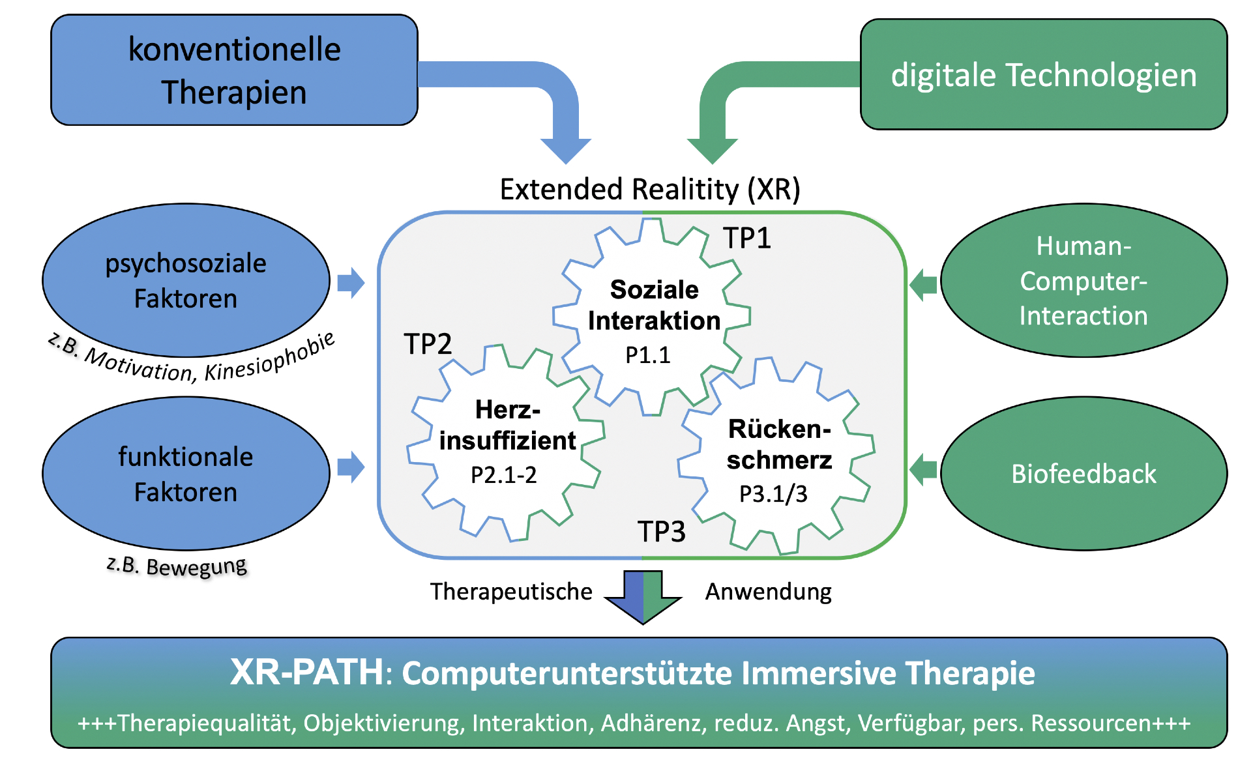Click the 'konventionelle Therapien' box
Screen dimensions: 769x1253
click(x=234, y=70)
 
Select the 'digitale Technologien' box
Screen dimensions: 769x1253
click(x=1043, y=75)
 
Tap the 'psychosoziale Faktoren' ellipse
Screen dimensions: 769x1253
click(x=186, y=280)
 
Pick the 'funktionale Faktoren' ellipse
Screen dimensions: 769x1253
click(x=186, y=474)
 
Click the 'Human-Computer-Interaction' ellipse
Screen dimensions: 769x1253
click(x=1083, y=280)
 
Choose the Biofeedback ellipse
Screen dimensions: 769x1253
click(x=1083, y=474)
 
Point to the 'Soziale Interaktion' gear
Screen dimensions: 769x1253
click(x=652, y=319)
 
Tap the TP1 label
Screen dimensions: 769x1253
click(x=747, y=239)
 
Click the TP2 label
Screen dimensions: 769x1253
click(x=428, y=344)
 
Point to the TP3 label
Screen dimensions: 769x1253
click(x=661, y=532)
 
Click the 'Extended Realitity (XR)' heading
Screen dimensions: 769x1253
click(x=649, y=190)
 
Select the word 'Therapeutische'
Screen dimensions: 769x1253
click(x=511, y=592)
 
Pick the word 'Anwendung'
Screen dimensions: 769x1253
click(x=768, y=592)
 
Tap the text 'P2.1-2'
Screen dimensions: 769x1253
click(x=503, y=475)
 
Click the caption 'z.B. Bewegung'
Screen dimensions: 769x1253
click(x=177, y=566)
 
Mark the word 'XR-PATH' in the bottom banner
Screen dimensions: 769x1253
click(x=306, y=673)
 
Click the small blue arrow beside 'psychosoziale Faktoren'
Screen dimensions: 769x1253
click(x=351, y=283)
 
